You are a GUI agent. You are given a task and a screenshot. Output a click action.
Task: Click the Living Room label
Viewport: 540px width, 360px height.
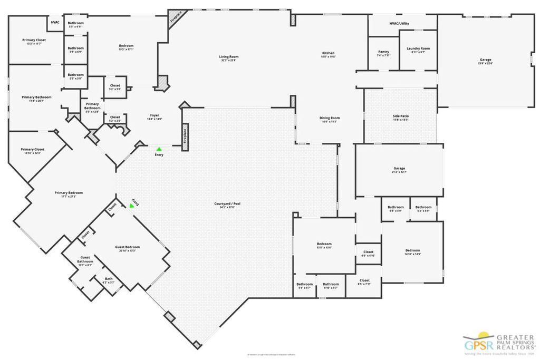(229, 59)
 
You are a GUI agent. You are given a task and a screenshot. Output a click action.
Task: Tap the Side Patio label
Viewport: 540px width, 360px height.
(400, 118)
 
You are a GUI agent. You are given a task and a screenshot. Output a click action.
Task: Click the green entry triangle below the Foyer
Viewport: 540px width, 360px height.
(159, 149)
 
